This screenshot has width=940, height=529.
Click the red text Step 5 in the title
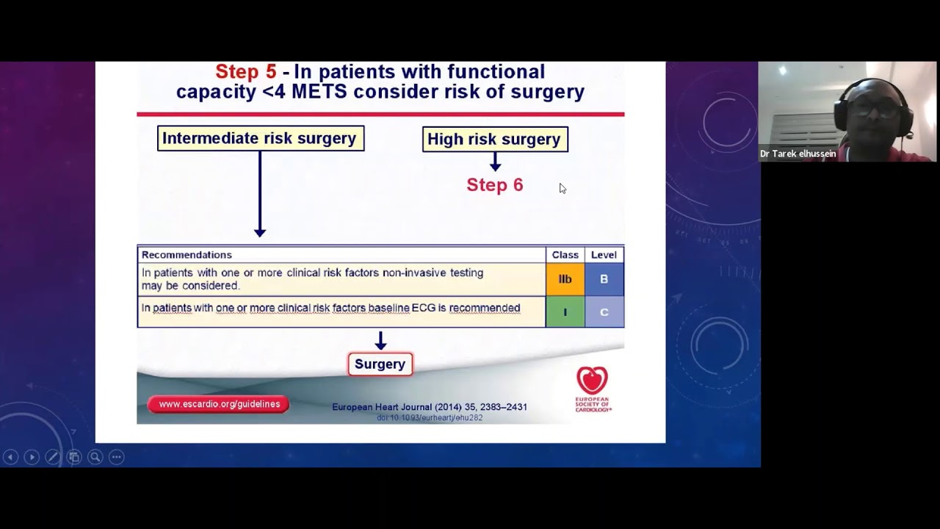click(x=245, y=72)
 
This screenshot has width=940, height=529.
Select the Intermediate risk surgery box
click(x=260, y=138)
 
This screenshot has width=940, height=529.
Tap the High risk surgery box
click(x=494, y=139)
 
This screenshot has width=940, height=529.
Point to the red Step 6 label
click(x=494, y=185)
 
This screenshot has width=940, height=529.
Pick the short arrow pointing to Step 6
click(x=495, y=162)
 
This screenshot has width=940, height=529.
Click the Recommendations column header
click(x=187, y=255)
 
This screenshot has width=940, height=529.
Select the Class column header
click(x=565, y=255)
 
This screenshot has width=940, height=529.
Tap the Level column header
click(x=604, y=255)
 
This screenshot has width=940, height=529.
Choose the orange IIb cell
click(x=565, y=279)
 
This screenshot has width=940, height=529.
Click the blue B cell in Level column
click(x=604, y=279)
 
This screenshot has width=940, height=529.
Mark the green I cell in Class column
click(x=565, y=312)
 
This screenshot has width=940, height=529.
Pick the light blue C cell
click(x=604, y=312)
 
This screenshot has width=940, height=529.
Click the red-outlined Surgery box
click(x=380, y=364)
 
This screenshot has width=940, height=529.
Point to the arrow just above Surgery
click(x=380, y=341)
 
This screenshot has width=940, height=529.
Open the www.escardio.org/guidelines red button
click(x=219, y=404)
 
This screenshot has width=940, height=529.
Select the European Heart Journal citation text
click(x=430, y=407)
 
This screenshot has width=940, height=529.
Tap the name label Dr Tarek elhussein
click(x=798, y=154)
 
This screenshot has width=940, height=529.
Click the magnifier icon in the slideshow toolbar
click(x=95, y=457)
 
